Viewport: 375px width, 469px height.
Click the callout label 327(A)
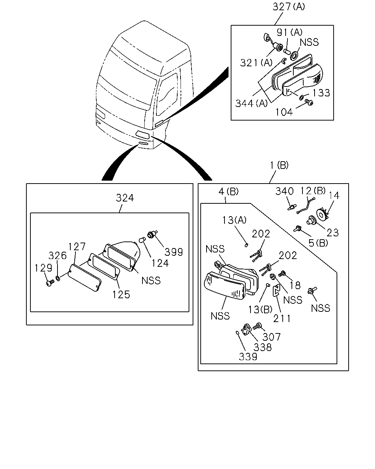289,7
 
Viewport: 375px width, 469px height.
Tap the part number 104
284,112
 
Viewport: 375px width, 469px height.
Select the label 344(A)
251,103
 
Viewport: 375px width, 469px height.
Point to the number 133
321,93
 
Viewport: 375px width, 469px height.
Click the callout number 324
125,198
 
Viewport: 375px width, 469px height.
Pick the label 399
174,252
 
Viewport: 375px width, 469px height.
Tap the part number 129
43,268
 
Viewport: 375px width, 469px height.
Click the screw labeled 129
50,283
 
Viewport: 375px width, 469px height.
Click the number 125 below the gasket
121,295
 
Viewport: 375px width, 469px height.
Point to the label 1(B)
279,165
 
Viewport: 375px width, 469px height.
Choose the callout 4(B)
229,192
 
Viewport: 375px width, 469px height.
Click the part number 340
285,191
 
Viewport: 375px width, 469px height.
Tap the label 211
282,319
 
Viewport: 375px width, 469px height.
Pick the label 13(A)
234,220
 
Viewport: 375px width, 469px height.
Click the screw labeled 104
309,102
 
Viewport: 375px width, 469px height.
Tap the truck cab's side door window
167,94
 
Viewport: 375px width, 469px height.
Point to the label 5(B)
318,243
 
